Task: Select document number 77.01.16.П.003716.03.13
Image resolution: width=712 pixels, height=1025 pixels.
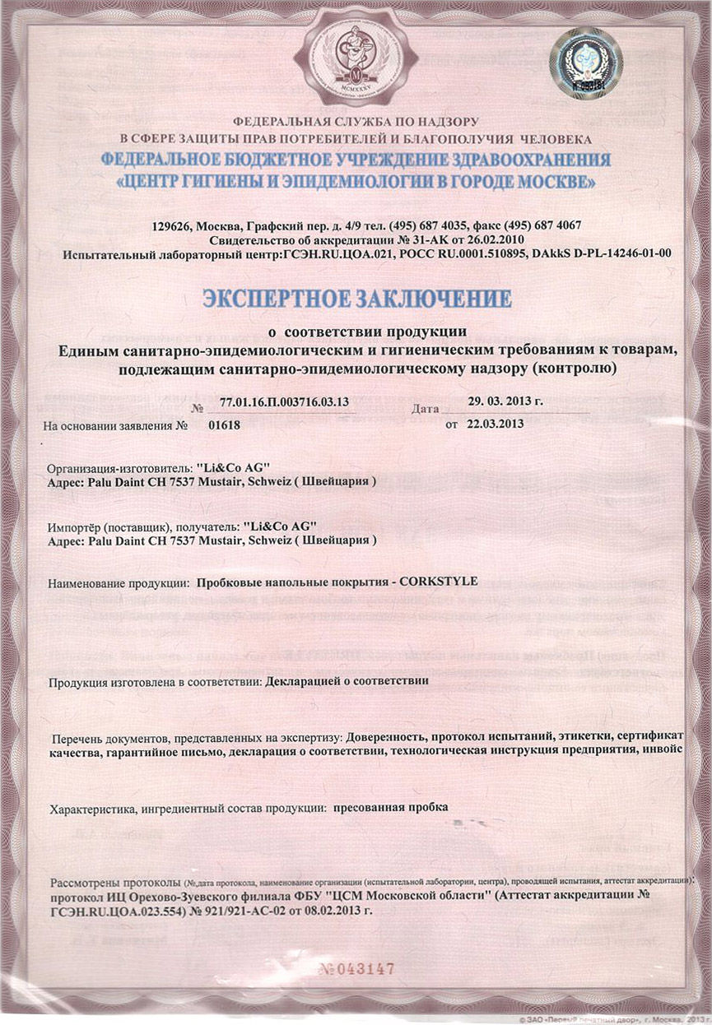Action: pyautogui.click(x=285, y=401)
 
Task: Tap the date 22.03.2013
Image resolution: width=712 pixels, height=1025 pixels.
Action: pyautogui.click(x=496, y=424)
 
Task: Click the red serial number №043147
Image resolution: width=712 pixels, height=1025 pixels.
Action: pyautogui.click(x=356, y=968)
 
